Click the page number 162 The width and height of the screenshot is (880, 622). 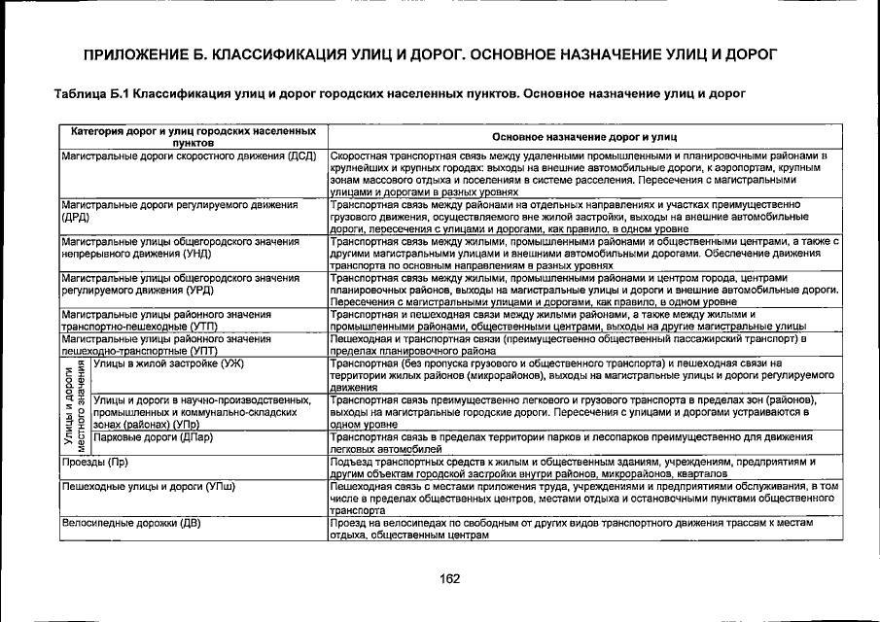[448, 580]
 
